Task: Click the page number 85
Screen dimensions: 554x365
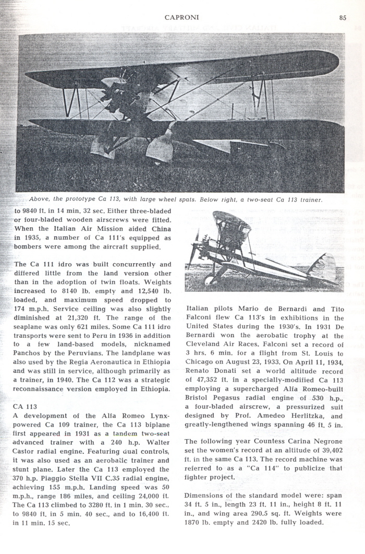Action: [x=343, y=17]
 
